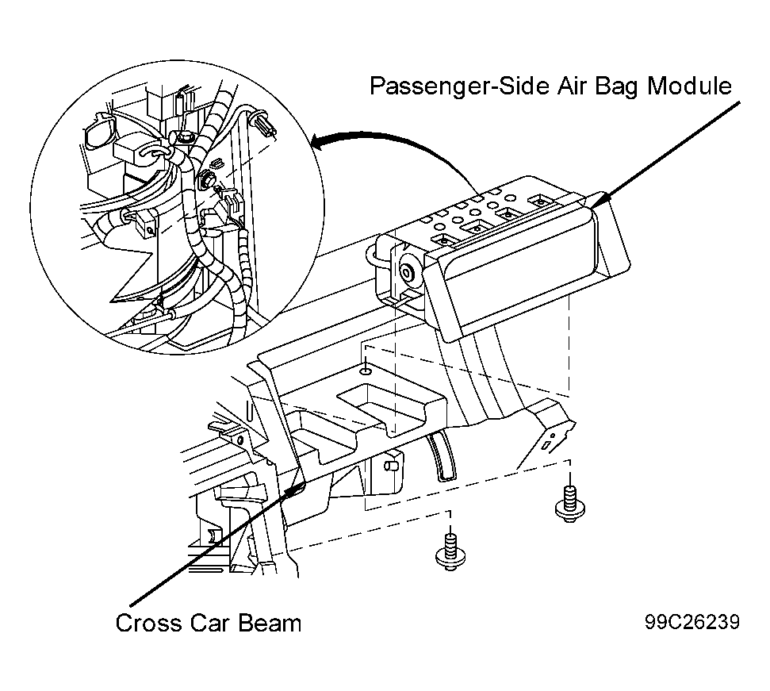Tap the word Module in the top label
[x=689, y=86]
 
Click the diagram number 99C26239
[x=692, y=622]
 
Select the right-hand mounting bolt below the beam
[x=569, y=504]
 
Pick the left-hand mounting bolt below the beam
[x=450, y=552]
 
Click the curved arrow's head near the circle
[x=320, y=143]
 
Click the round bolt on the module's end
[x=407, y=270]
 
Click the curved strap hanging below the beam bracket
[x=440, y=455]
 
